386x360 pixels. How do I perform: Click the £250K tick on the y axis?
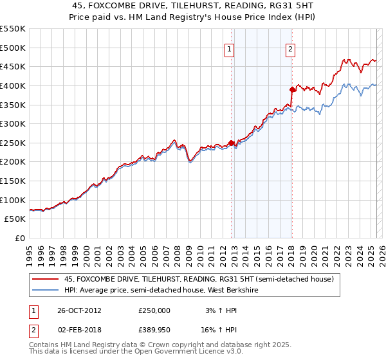(x=13, y=143)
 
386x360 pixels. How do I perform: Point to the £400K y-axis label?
(x=13, y=85)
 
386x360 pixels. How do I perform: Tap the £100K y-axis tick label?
(x=13, y=200)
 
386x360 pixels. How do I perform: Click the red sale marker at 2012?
(x=231, y=143)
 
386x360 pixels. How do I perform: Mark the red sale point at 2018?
(x=291, y=89)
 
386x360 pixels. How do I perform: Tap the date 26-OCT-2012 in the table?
(x=79, y=310)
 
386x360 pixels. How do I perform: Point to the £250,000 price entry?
(x=154, y=310)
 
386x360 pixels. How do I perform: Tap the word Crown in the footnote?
(x=165, y=346)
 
